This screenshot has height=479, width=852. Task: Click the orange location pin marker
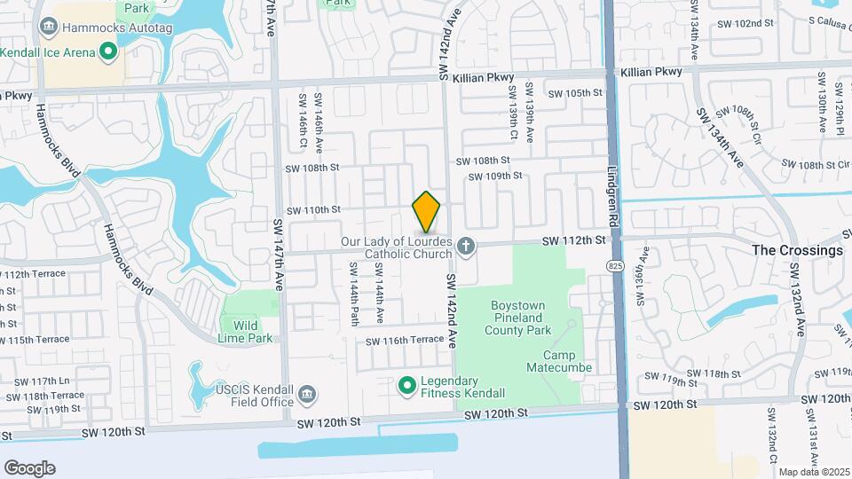pos(426,211)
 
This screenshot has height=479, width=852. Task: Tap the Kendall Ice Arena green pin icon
pos(108,52)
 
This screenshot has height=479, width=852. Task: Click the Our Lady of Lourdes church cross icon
pos(465,244)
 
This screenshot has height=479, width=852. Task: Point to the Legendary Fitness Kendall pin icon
pos(407,385)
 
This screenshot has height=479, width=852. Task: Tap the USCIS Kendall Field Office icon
pos(307,393)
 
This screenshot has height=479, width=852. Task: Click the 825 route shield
pos(613,265)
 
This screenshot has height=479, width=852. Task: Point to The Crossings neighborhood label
pos(797,250)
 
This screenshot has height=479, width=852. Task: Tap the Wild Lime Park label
pos(248,331)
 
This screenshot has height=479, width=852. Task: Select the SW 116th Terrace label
pos(404,341)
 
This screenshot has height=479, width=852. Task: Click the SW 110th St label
pos(312,209)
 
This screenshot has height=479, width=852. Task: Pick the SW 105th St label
pos(575,93)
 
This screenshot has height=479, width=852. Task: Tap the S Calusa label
pos(828,23)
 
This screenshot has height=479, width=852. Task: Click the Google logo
pos(29,467)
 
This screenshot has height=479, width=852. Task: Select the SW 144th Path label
pos(353,292)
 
